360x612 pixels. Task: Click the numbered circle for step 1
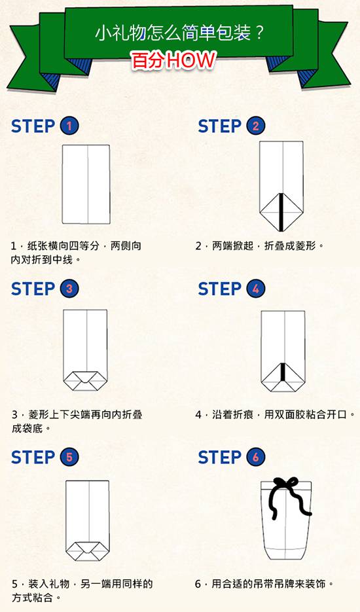(69, 126)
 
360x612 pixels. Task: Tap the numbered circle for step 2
(256, 126)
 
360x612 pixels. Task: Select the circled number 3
(69, 289)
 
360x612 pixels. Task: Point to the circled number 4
(256, 289)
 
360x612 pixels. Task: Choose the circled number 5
(69, 457)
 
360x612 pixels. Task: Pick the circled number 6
(256, 457)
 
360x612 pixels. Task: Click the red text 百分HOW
(173, 60)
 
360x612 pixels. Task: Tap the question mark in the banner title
(259, 34)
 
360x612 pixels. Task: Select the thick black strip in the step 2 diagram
(281, 211)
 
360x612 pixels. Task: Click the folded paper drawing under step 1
(86, 184)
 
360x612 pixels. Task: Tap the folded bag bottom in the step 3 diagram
(85, 381)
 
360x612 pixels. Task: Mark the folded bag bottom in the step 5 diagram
(88, 551)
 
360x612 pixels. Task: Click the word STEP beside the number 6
(219, 458)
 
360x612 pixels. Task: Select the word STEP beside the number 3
(33, 289)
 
